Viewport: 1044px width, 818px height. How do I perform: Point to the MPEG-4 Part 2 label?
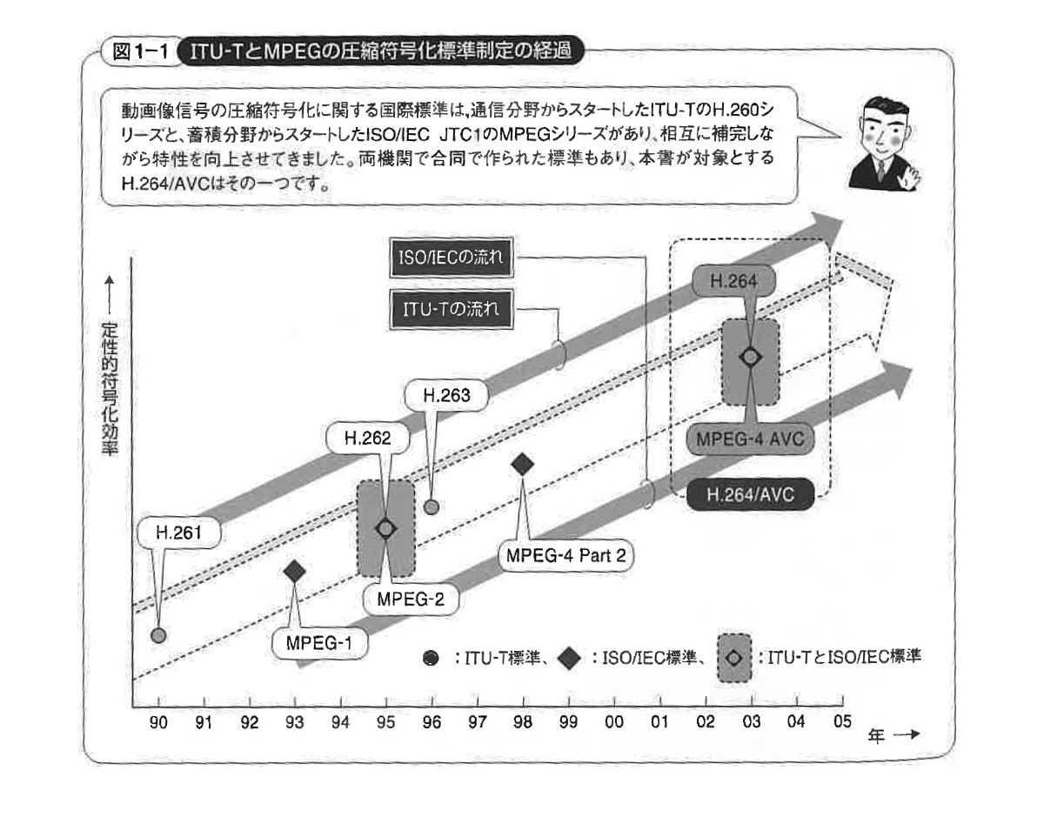(566, 556)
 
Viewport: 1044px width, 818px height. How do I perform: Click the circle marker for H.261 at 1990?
(157, 634)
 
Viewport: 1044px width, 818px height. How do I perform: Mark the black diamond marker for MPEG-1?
(295, 570)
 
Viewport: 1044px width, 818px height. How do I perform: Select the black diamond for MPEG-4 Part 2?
(523, 465)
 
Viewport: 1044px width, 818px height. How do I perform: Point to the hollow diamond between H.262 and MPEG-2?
(385, 528)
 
